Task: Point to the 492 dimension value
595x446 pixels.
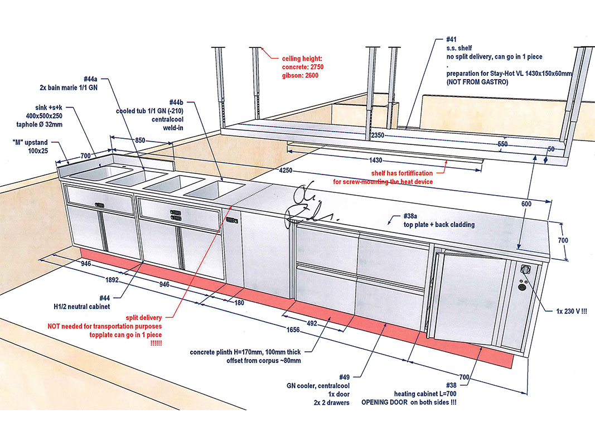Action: point(312,322)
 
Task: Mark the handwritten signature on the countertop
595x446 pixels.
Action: point(309,205)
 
